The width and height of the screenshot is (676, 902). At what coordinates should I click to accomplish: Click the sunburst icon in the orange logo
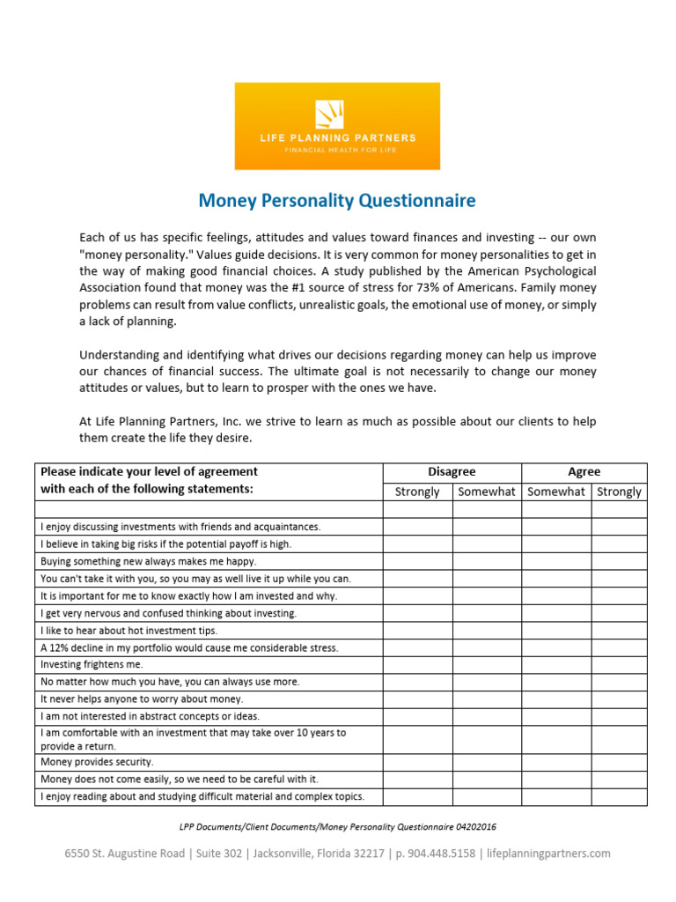329,115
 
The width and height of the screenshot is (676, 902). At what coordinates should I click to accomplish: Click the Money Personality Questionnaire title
337,201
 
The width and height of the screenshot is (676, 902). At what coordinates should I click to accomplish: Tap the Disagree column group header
452,472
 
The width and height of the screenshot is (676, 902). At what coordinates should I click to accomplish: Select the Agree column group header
584,472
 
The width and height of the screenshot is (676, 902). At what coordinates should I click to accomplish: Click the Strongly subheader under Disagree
417,492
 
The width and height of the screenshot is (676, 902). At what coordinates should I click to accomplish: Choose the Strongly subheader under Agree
619,492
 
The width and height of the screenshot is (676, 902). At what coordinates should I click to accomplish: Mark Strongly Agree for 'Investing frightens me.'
619,665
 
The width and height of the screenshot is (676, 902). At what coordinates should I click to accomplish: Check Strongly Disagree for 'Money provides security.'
417,762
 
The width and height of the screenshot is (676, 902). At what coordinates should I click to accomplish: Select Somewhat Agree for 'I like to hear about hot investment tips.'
556,631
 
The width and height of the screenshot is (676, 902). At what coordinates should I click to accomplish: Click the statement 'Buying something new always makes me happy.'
149,561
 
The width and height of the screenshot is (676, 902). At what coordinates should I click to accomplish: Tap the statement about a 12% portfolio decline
189,647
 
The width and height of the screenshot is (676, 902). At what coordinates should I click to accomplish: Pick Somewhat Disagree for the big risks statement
487,544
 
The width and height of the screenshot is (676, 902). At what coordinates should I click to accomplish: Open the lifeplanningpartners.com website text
548,854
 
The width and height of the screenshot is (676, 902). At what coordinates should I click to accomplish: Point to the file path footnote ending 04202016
337,827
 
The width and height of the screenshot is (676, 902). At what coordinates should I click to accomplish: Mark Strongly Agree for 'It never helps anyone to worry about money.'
619,699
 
